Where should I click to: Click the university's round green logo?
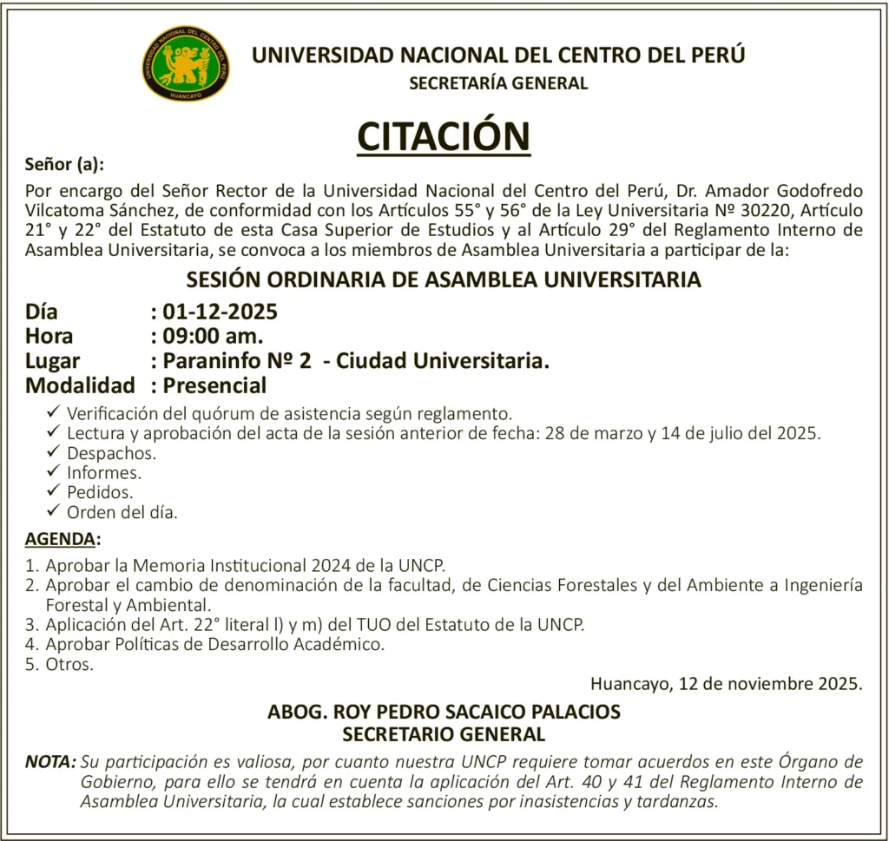[186, 63]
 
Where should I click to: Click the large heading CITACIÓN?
[444, 136]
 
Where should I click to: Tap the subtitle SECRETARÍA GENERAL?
[497, 84]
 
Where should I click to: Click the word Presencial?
[214, 385]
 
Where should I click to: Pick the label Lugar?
[52, 361]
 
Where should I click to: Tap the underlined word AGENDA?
[60, 539]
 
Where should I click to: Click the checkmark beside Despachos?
[55, 451]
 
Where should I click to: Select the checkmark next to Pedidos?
[55, 491]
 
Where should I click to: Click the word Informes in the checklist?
[104, 472]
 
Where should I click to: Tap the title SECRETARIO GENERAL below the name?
[444, 735]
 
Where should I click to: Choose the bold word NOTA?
[49, 762]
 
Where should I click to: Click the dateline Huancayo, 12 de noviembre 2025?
[726, 683]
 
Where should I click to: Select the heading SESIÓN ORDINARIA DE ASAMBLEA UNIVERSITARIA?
[444, 280]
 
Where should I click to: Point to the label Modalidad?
[80, 385]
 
